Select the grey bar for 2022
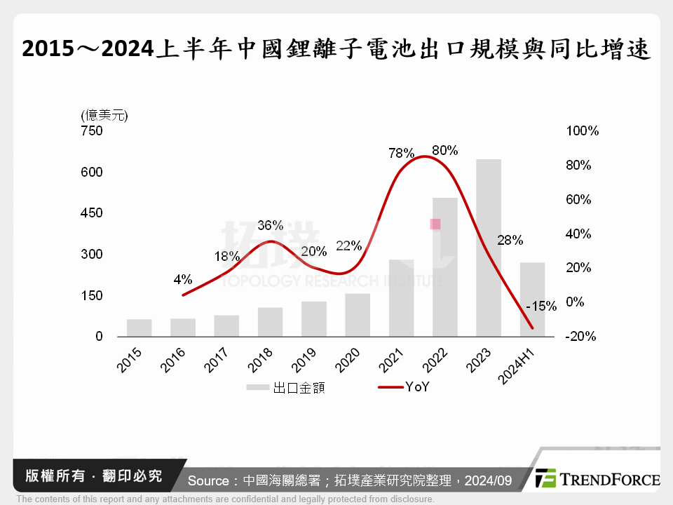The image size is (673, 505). [445, 267]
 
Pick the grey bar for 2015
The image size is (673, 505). [140, 328]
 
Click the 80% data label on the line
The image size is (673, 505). [445, 150]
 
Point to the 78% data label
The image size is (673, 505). [402, 153]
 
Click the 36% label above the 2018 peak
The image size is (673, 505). [270, 225]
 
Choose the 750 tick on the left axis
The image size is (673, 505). [93, 131]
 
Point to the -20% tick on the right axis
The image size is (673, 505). [580, 337]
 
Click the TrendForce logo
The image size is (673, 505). [597, 479]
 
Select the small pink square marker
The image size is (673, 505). [435, 224]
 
